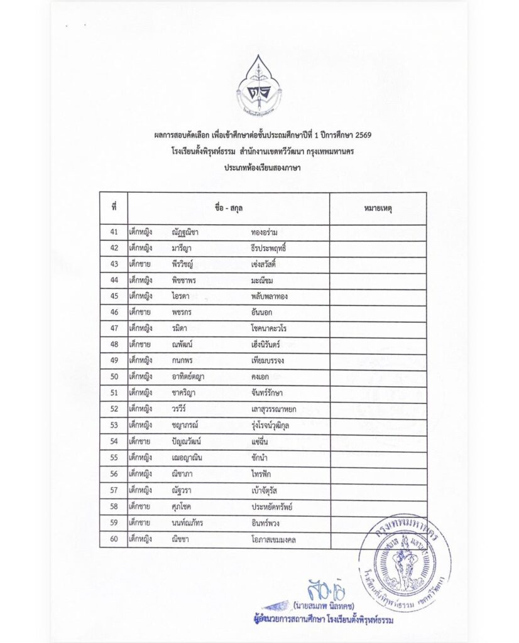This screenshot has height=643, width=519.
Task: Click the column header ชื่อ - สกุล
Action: click(x=228, y=208)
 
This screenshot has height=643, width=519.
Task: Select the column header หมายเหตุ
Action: click(x=378, y=208)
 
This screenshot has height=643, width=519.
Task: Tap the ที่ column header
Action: click(x=114, y=208)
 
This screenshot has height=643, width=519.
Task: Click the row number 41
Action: click(x=114, y=232)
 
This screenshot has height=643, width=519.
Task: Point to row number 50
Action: click(x=114, y=377)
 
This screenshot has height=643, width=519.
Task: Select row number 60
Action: click(x=114, y=539)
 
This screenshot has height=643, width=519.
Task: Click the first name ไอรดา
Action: click(x=181, y=296)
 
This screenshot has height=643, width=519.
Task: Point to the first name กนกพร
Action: click(x=183, y=361)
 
